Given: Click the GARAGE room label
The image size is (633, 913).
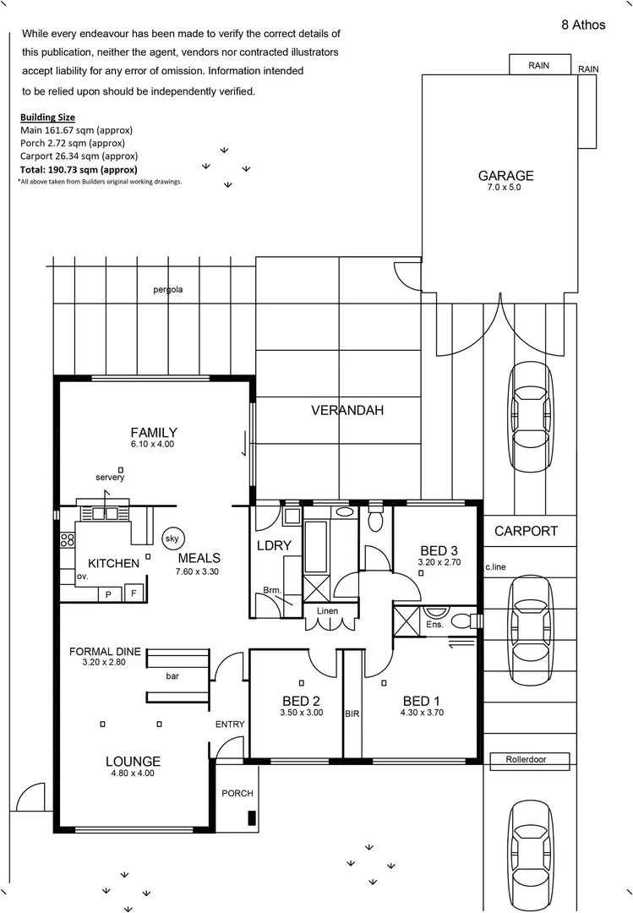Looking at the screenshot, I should pyautogui.click(x=506, y=176).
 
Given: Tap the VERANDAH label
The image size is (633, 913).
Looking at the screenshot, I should pyautogui.click(x=347, y=411).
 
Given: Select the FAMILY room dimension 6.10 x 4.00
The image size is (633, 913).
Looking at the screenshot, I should pyautogui.click(x=153, y=445).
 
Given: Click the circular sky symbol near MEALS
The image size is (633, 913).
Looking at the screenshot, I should pyautogui.click(x=172, y=538).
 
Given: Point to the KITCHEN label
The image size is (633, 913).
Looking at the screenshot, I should pyautogui.click(x=113, y=563).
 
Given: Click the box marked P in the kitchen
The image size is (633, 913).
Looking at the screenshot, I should pyautogui.click(x=108, y=594).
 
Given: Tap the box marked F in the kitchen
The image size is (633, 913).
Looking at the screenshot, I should pyautogui.click(x=133, y=594).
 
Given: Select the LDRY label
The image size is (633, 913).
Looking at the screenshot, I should pyautogui.click(x=274, y=546).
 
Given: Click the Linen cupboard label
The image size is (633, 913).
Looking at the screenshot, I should pyautogui.click(x=328, y=610).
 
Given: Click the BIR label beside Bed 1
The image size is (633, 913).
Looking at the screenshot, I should pyautogui.click(x=352, y=714).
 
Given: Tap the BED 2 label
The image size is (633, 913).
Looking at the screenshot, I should pyautogui.click(x=301, y=701).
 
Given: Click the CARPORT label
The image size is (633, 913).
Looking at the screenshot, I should pyautogui.click(x=526, y=532).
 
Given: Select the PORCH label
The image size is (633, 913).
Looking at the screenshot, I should pyautogui.click(x=237, y=794).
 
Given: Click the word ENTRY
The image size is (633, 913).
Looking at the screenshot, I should pyautogui.click(x=230, y=724).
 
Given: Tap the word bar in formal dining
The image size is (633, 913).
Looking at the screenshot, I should pyautogui.click(x=172, y=676).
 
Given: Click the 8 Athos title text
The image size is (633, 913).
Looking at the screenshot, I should pyautogui.click(x=583, y=25).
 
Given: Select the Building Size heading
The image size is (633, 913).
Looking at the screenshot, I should pyautogui.click(x=47, y=117).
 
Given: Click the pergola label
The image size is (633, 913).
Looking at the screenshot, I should pyautogui.click(x=168, y=290).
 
